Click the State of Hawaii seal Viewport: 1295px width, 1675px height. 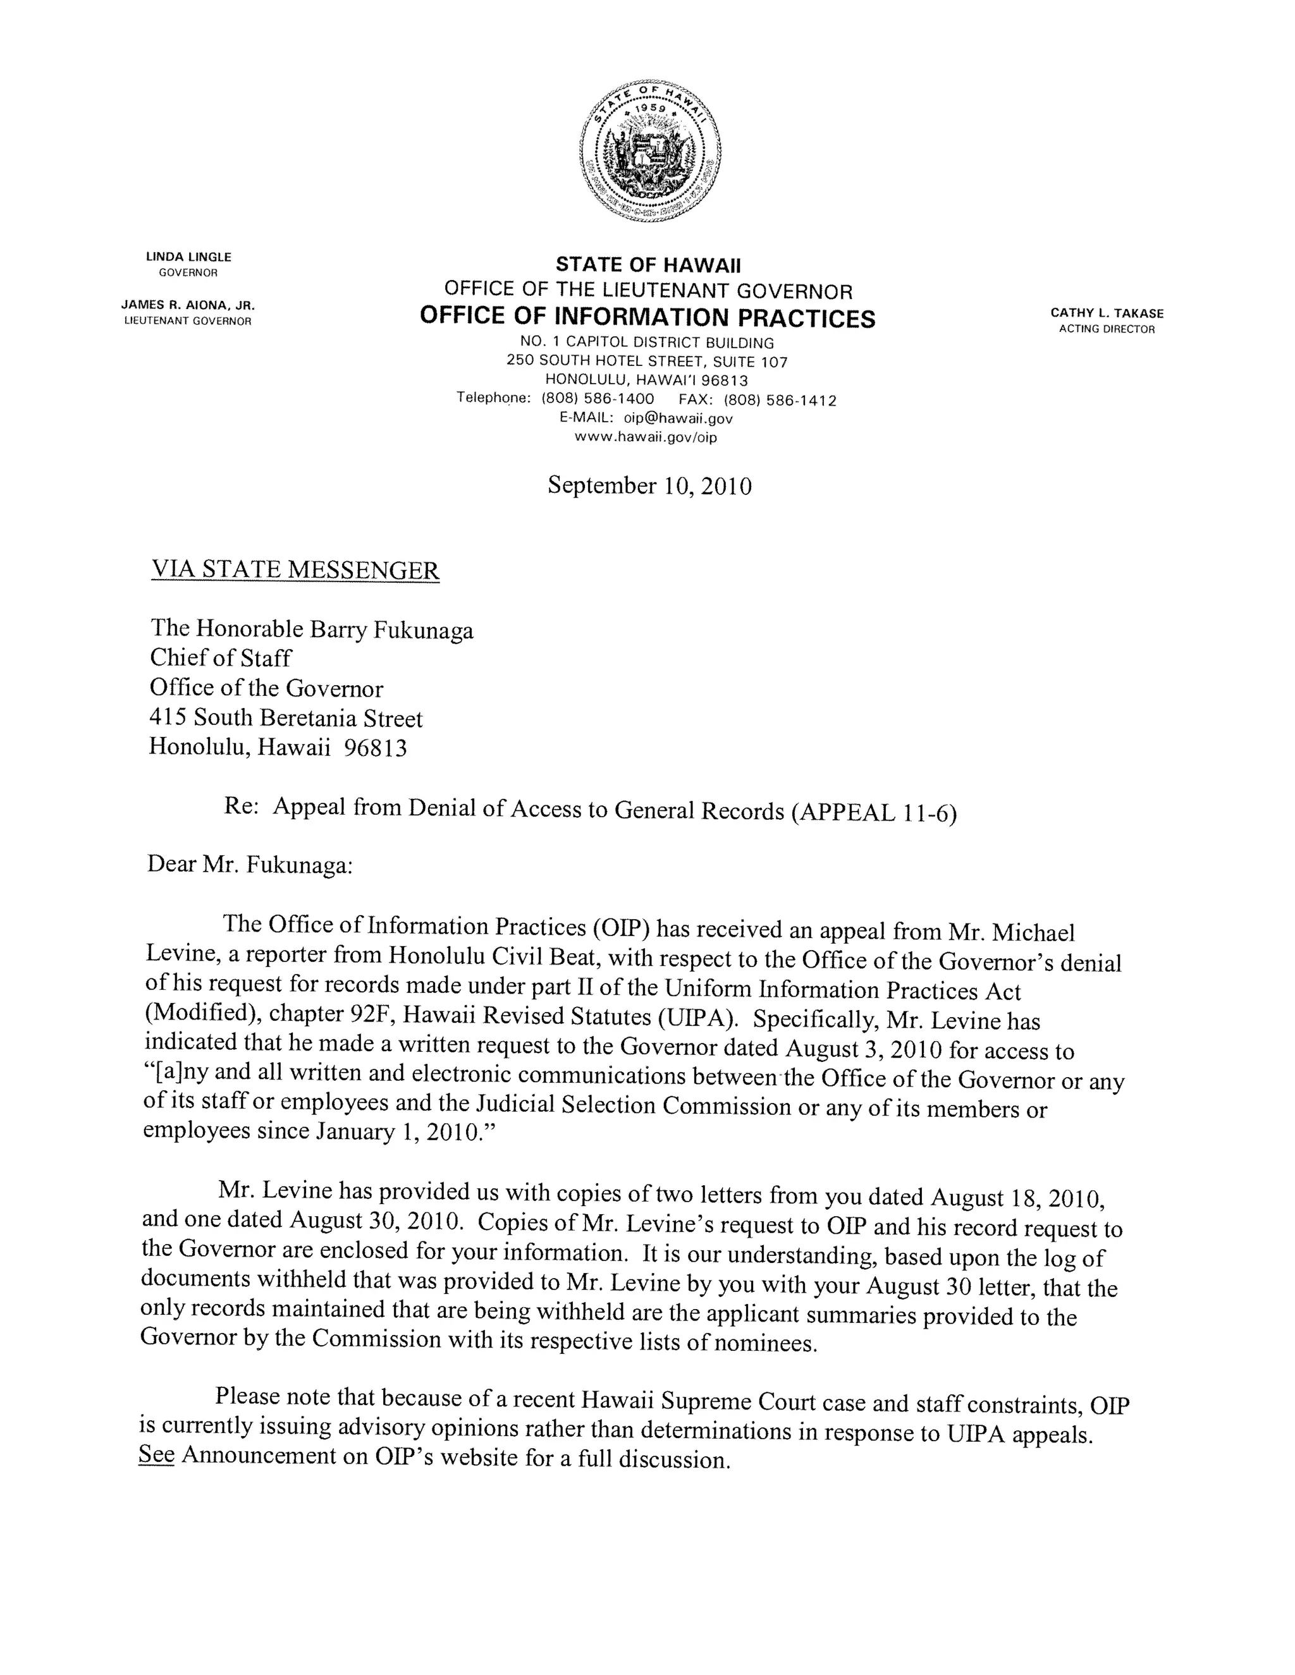pyautogui.click(x=650, y=149)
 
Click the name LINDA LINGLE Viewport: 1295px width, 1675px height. pyautogui.click(x=188, y=257)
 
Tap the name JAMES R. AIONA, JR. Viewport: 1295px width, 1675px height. pyautogui.click(x=188, y=305)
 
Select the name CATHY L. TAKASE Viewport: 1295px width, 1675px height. pyautogui.click(x=1107, y=313)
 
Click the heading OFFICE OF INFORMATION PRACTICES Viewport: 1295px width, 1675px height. pyautogui.click(x=647, y=317)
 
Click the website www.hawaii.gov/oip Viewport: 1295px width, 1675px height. pyautogui.click(x=646, y=437)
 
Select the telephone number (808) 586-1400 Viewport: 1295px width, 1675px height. pyautogui.click(x=598, y=399)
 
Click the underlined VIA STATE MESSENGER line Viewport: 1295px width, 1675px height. pyautogui.click(x=295, y=570)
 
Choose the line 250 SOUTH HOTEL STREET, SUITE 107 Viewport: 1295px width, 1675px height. pyautogui.click(x=647, y=360)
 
